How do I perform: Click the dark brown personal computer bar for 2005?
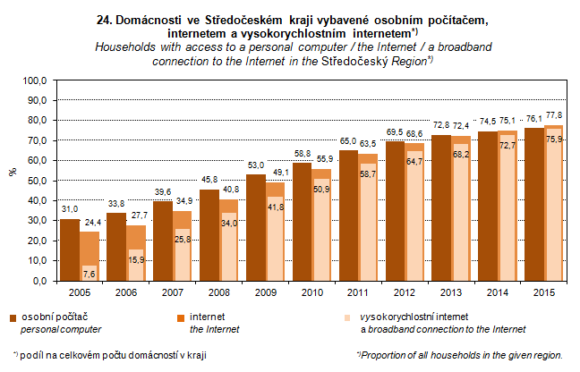[x=70, y=249]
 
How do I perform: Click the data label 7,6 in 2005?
[x=89, y=272]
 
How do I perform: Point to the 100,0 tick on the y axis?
[x=35, y=80]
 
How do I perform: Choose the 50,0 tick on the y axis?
[x=37, y=181]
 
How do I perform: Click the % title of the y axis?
[x=12, y=173]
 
